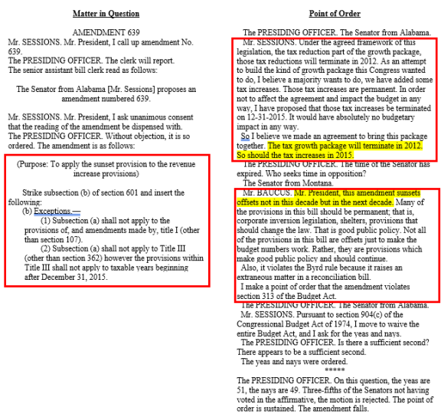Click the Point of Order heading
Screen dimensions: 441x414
point(334,14)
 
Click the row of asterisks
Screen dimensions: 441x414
point(334,369)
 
